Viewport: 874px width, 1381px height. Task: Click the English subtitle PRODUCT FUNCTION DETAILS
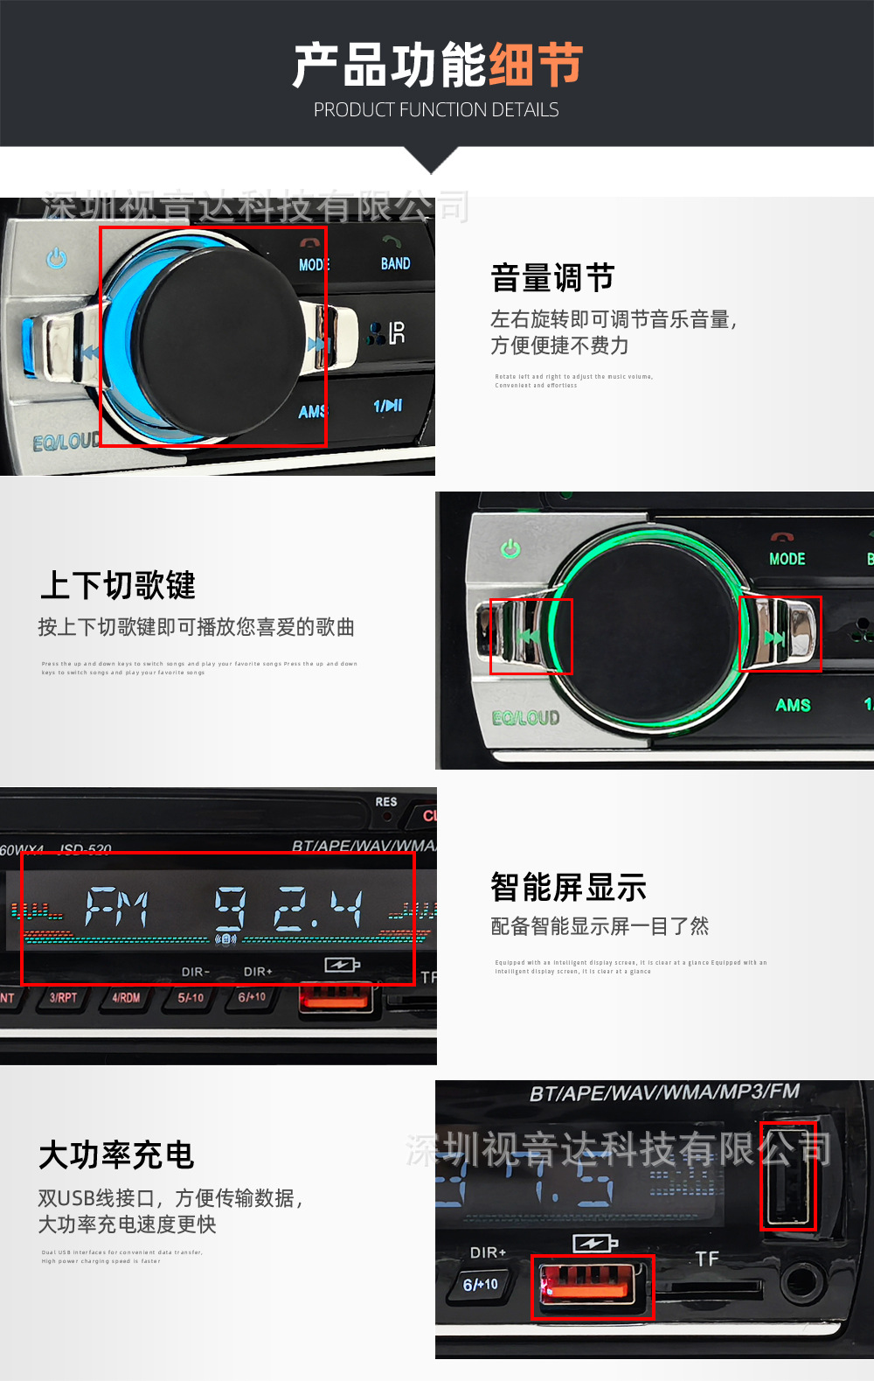[436, 110]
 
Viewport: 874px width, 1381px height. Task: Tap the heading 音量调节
[552, 278]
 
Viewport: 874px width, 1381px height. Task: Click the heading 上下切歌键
[118, 585]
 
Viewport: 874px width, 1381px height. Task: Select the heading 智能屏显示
[568, 887]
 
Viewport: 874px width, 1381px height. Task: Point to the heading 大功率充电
[116, 1154]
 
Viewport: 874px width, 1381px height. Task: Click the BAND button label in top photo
[395, 263]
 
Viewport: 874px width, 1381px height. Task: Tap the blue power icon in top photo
[57, 258]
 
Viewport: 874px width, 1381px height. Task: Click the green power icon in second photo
[510, 548]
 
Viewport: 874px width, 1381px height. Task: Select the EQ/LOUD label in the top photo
[66, 443]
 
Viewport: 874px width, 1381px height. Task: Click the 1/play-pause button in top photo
[387, 406]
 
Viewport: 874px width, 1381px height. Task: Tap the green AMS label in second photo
[793, 705]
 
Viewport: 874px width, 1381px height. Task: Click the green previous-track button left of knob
[527, 636]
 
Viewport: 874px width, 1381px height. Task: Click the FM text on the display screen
[117, 908]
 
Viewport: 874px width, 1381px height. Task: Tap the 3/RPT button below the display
[63, 998]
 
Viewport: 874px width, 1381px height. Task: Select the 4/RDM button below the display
[126, 998]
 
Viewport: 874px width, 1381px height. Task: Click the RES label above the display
[386, 802]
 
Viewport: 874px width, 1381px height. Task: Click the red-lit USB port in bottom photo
[592, 1286]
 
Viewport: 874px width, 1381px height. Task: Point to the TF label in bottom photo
[707, 1259]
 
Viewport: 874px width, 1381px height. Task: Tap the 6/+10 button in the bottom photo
[480, 1284]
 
